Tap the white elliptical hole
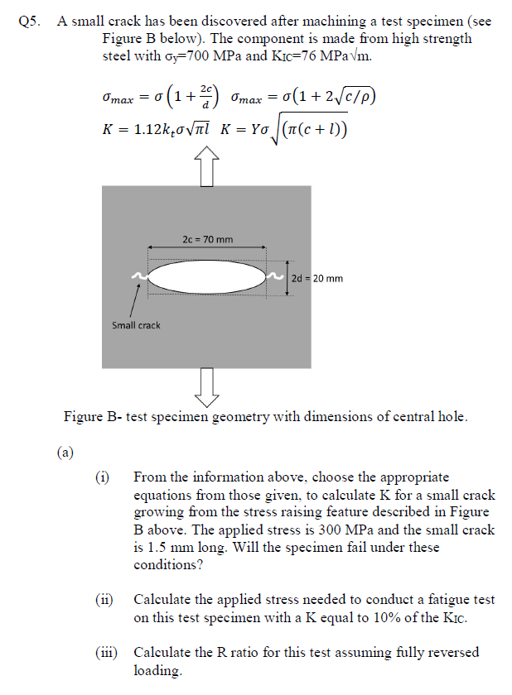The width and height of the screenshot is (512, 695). [x=207, y=276]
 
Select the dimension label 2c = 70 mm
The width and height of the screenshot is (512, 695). [x=207, y=240]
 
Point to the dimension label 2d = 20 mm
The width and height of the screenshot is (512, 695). [x=317, y=278]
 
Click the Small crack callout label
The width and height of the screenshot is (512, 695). [x=136, y=325]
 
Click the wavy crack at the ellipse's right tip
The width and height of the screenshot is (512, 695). [x=274, y=276]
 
